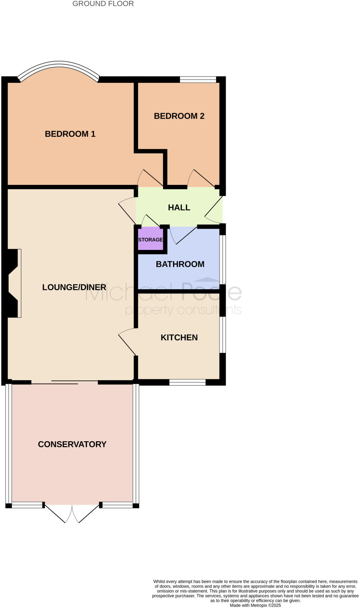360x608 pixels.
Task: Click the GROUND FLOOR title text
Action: click(x=103, y=4)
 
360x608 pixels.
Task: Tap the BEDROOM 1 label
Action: click(x=70, y=134)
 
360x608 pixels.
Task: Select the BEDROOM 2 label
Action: click(x=179, y=116)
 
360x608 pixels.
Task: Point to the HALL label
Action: click(x=179, y=208)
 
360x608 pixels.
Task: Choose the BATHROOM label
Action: click(x=180, y=264)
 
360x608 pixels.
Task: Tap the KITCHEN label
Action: click(x=179, y=338)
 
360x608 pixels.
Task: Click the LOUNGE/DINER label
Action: click(x=74, y=287)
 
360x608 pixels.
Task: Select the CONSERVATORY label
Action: click(x=72, y=444)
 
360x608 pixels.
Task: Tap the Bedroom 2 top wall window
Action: click(x=198, y=79)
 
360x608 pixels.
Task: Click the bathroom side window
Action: click(x=223, y=258)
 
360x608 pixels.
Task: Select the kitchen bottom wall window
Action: click(x=187, y=382)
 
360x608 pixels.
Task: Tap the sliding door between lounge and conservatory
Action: click(x=65, y=382)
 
